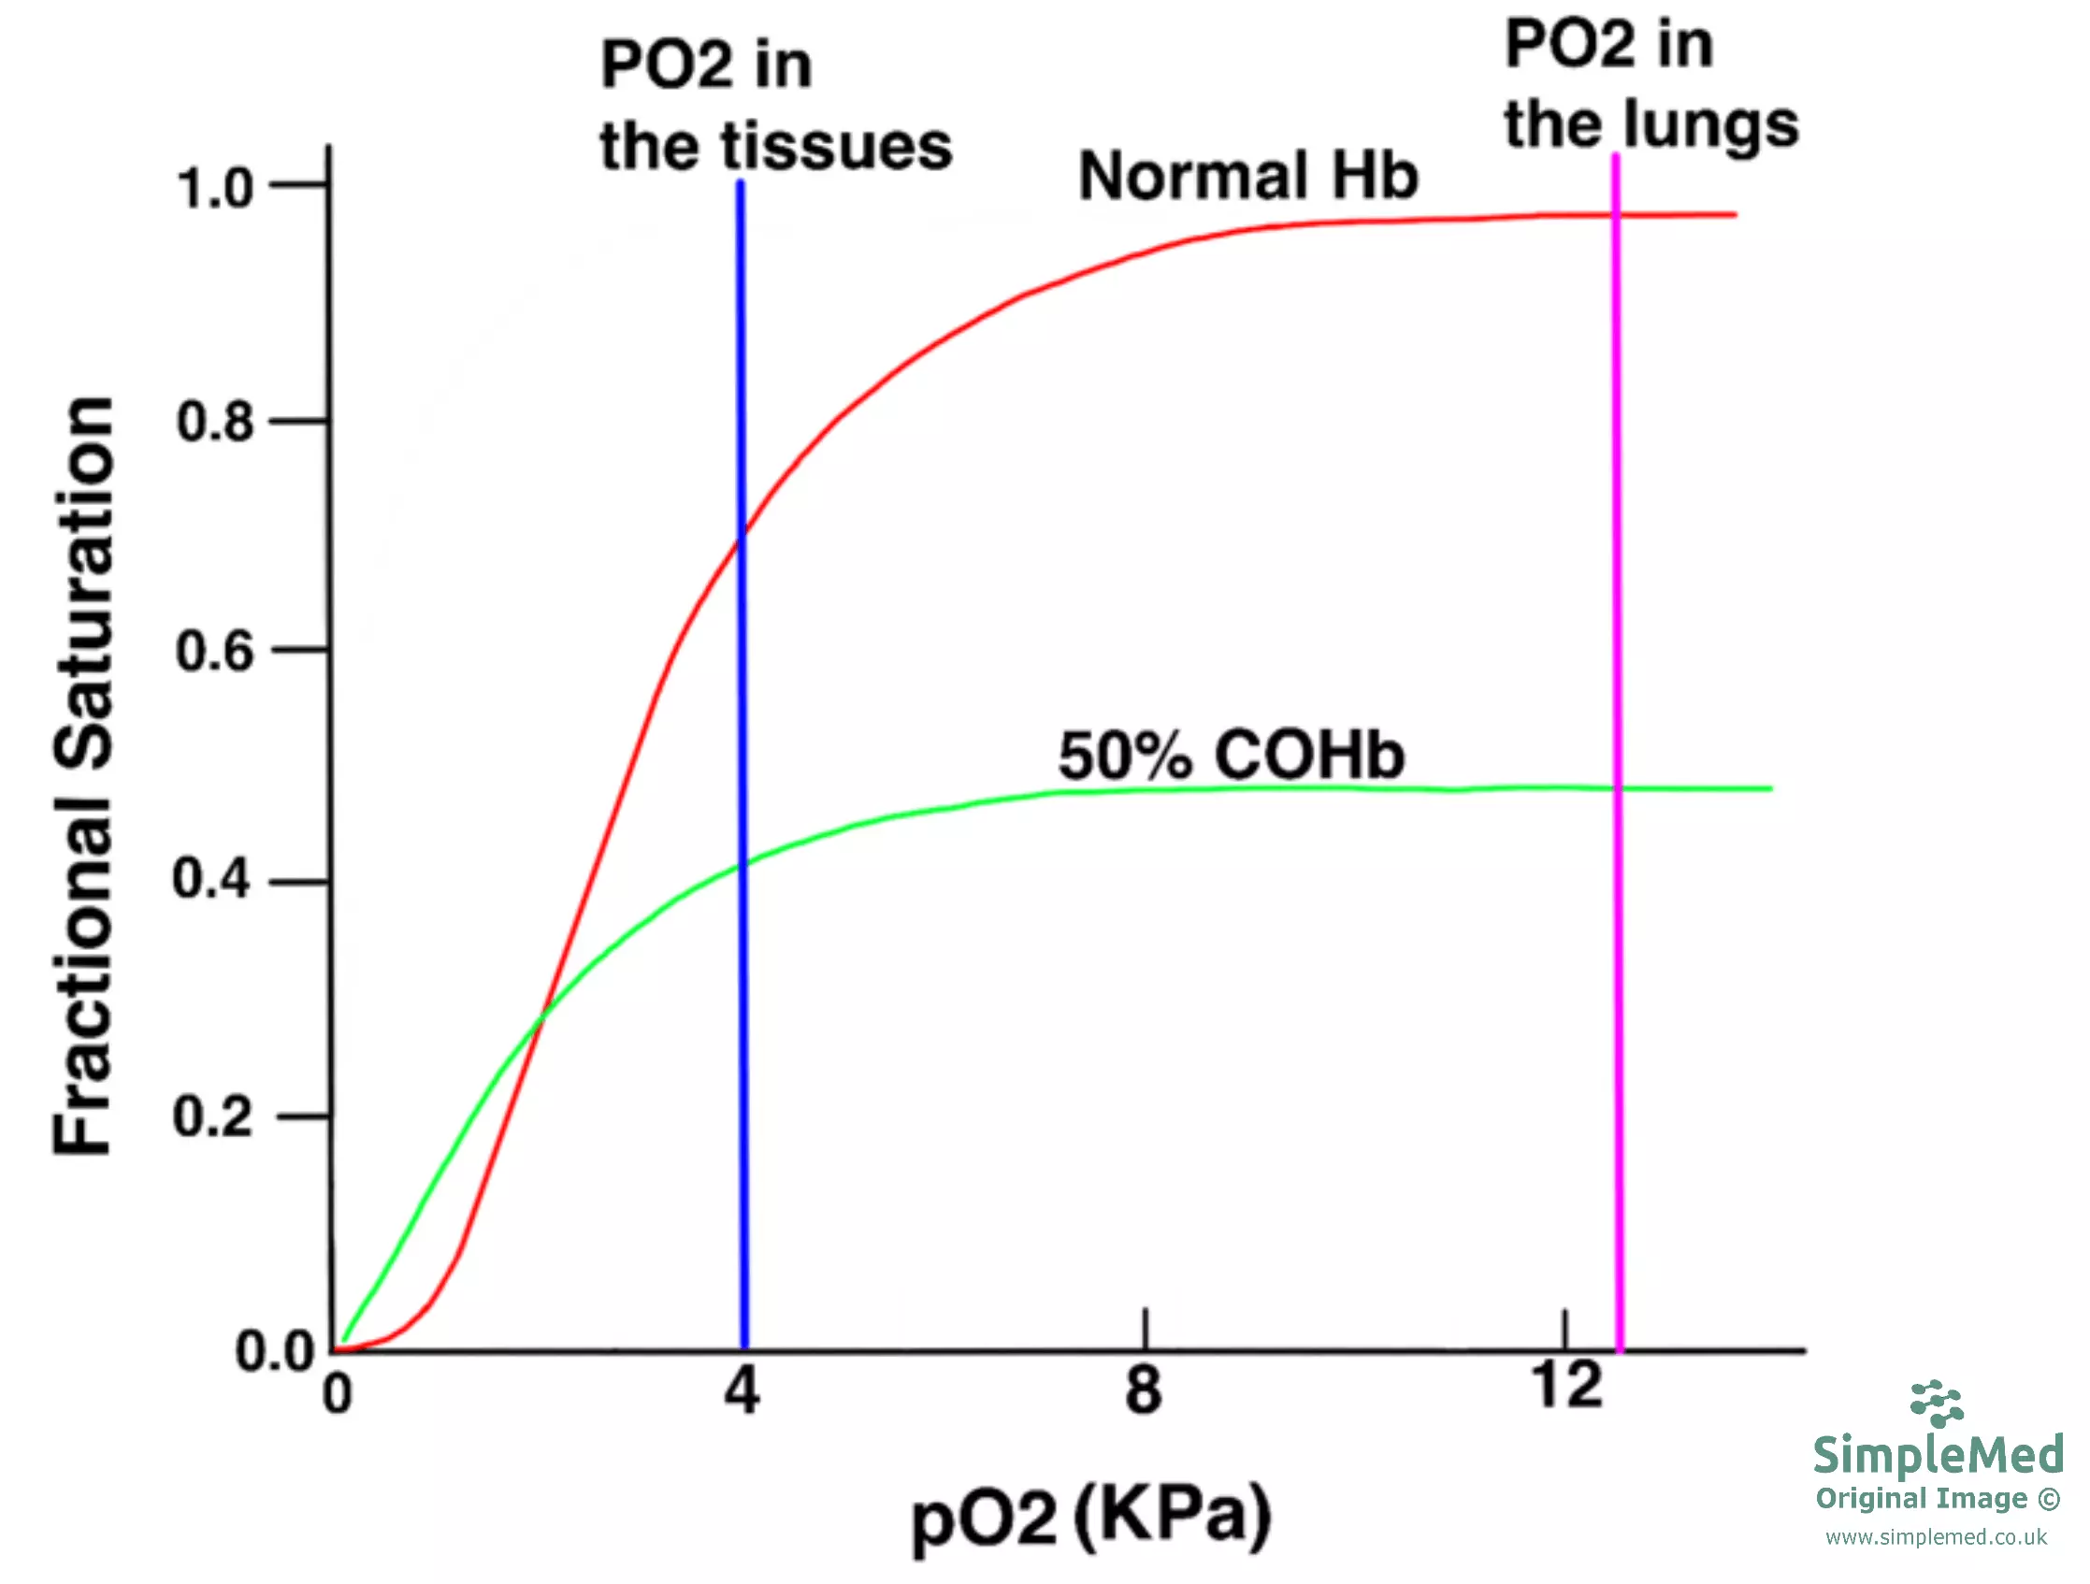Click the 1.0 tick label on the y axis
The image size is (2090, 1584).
tap(214, 188)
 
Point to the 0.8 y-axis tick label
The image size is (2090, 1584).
tap(214, 422)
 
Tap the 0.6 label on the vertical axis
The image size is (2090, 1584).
tap(214, 652)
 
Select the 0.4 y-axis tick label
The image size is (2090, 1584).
tap(211, 879)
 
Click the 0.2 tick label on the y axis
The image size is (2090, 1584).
tap(212, 1116)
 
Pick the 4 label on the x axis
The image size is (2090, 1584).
tap(742, 1391)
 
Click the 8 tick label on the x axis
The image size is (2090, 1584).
tap(1144, 1390)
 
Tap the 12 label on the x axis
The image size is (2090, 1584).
tap(1565, 1386)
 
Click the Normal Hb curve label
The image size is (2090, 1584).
tap(1248, 177)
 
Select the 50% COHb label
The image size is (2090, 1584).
tap(1232, 756)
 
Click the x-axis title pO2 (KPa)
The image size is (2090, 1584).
tap(1091, 1517)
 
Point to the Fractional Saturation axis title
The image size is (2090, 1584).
tap(83, 774)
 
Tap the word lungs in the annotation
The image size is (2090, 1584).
tap(1710, 125)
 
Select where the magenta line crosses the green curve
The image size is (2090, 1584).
tap(1618, 788)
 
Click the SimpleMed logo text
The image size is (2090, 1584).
tap(1938, 1456)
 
